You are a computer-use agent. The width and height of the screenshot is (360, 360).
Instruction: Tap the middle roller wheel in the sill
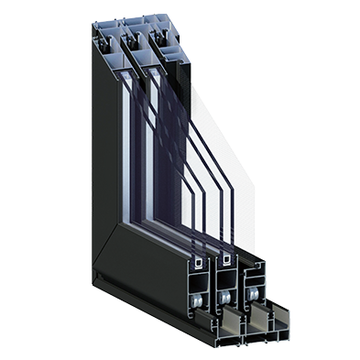[x=225, y=297]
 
